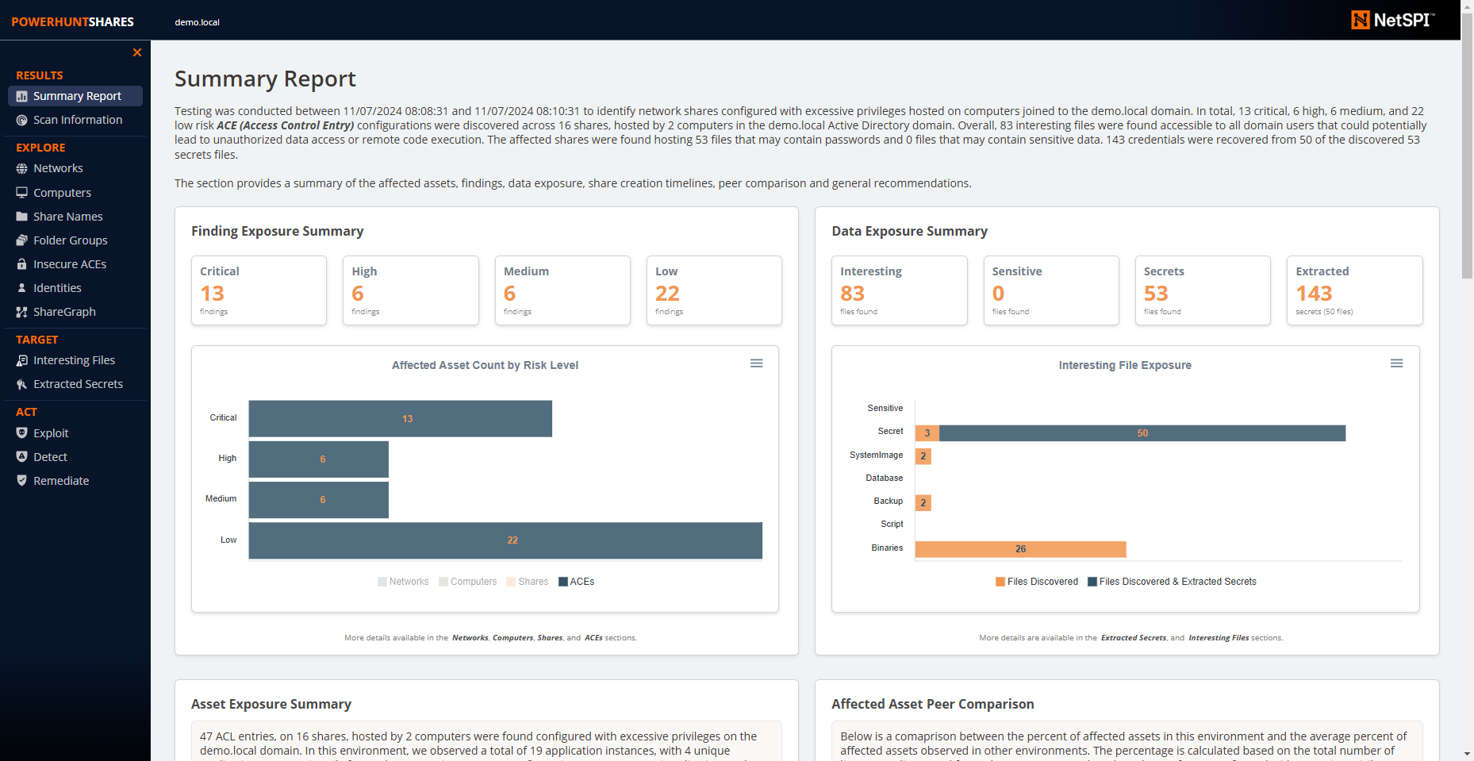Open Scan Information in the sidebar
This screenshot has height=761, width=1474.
tap(77, 120)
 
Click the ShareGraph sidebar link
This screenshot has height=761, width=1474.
tap(63, 312)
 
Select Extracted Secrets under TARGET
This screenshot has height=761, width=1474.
tap(77, 384)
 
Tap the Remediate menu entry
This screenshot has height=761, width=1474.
tap(60, 481)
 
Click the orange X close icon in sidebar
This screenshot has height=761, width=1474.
tap(137, 52)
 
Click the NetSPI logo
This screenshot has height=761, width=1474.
tap(1392, 20)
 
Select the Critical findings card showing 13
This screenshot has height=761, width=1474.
tap(259, 290)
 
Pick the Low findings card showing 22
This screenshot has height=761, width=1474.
tap(713, 290)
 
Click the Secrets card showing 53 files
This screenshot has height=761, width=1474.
tap(1202, 290)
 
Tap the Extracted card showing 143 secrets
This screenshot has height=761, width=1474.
tap(1354, 290)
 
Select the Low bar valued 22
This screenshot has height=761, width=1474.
tap(505, 540)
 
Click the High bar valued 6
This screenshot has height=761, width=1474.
tap(318, 459)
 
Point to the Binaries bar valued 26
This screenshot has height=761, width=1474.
tap(1020, 549)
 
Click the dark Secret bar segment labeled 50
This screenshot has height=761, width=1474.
tap(1142, 433)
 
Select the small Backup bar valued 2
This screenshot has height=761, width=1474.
tap(923, 503)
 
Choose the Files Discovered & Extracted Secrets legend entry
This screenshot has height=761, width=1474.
tap(1172, 582)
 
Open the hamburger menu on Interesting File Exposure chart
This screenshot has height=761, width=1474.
tap(1396, 363)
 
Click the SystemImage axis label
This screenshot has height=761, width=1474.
tap(876, 455)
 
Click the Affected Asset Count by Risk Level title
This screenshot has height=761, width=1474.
tap(485, 365)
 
